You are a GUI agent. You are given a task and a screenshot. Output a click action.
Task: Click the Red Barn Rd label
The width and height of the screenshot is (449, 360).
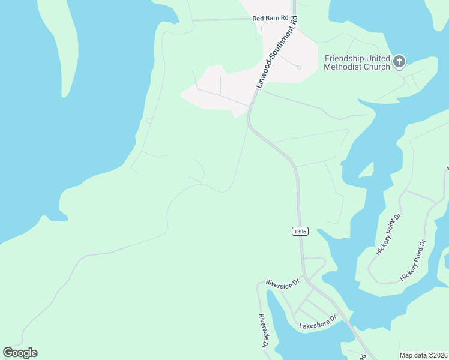coord(271,19)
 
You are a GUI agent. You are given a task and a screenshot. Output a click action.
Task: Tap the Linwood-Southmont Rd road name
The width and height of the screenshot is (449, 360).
coord(277,53)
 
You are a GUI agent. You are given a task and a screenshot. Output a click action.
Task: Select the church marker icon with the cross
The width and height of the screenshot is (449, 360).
coord(399,61)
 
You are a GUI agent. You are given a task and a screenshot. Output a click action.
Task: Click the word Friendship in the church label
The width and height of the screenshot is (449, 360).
coord(345,58)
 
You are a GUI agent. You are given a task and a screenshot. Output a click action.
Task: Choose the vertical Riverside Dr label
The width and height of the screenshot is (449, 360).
coord(262,331)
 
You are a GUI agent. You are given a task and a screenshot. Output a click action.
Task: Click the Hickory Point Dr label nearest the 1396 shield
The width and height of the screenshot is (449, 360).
coord(388,235)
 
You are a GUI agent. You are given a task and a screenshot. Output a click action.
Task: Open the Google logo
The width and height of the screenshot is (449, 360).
coord(20,353)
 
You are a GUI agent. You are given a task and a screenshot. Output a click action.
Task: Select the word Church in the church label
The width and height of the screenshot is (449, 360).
coord(375,67)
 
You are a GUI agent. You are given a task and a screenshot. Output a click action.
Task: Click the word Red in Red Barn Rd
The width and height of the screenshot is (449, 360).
coord(258,19)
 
